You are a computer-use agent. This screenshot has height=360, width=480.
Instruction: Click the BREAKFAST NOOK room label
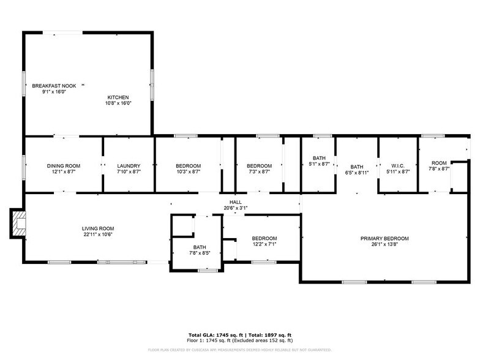[54, 86]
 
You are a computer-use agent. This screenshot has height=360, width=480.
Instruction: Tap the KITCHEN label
[119, 97]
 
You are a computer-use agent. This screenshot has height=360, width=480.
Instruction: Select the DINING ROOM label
[64, 166]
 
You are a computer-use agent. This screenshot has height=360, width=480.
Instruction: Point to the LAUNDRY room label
[129, 166]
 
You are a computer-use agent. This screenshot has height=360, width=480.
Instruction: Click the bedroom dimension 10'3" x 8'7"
[188, 172]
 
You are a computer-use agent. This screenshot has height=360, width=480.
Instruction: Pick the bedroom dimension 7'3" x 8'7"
[259, 172]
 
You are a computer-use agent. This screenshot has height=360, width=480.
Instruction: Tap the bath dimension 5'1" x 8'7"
[319, 164]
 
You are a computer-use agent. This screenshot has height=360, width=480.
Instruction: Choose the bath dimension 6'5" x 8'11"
[357, 173]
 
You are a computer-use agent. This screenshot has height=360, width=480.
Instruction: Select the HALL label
[236, 202]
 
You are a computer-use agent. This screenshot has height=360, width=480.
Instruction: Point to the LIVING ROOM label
[99, 228]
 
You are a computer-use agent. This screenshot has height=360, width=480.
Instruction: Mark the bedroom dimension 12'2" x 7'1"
[264, 244]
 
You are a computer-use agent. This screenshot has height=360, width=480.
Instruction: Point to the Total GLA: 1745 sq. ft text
[214, 335]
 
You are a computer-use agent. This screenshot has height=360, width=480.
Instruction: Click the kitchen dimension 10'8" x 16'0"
[119, 103]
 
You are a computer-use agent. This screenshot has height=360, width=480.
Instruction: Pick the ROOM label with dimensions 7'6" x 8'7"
[438, 162]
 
